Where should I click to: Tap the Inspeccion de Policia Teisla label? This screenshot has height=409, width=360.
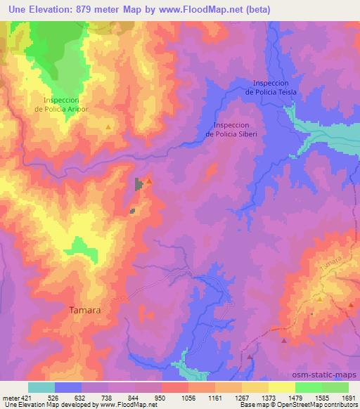point(271,86)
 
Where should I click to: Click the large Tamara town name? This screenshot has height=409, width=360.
point(86,309)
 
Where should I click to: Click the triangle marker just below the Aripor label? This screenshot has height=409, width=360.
point(108,126)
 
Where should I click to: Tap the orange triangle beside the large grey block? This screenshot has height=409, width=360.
point(148,181)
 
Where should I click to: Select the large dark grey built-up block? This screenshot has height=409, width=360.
point(139,184)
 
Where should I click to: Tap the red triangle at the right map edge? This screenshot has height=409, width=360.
point(350,305)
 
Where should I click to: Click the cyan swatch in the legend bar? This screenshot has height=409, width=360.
point(41,387)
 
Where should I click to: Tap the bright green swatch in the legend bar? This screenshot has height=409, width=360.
point(308,387)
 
